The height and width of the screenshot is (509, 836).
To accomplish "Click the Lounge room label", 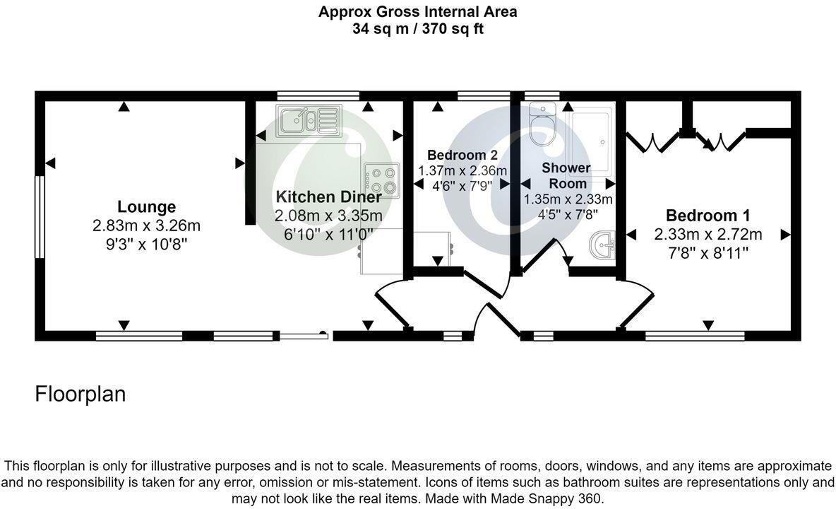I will pyautogui.click(x=146, y=207).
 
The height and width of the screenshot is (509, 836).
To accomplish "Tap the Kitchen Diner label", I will pyautogui.click(x=328, y=197).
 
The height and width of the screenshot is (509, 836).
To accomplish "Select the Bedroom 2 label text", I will pyautogui.click(x=462, y=156).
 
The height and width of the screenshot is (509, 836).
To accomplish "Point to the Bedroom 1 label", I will pyautogui.click(x=707, y=216).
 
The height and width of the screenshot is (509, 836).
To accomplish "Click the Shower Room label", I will pyautogui.click(x=566, y=175).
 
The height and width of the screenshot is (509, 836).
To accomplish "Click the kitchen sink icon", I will pyautogui.click(x=309, y=120).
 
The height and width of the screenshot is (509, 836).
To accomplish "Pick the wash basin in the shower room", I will pyautogui.click(x=602, y=246).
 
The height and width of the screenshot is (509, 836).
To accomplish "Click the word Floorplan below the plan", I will pyautogui.click(x=80, y=394).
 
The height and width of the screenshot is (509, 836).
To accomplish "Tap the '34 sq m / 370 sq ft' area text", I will pyautogui.click(x=418, y=29).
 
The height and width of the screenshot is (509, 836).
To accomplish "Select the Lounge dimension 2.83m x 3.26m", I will pyautogui.click(x=146, y=226).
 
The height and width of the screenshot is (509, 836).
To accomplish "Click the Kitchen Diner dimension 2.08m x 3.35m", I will pyautogui.click(x=328, y=216).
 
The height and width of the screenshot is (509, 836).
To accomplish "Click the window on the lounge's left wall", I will pyautogui.click(x=40, y=217).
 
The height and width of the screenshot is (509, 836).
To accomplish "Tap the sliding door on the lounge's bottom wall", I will pyautogui.click(x=304, y=335).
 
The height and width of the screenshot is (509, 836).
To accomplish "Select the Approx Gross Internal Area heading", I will pyautogui.click(x=418, y=11).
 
